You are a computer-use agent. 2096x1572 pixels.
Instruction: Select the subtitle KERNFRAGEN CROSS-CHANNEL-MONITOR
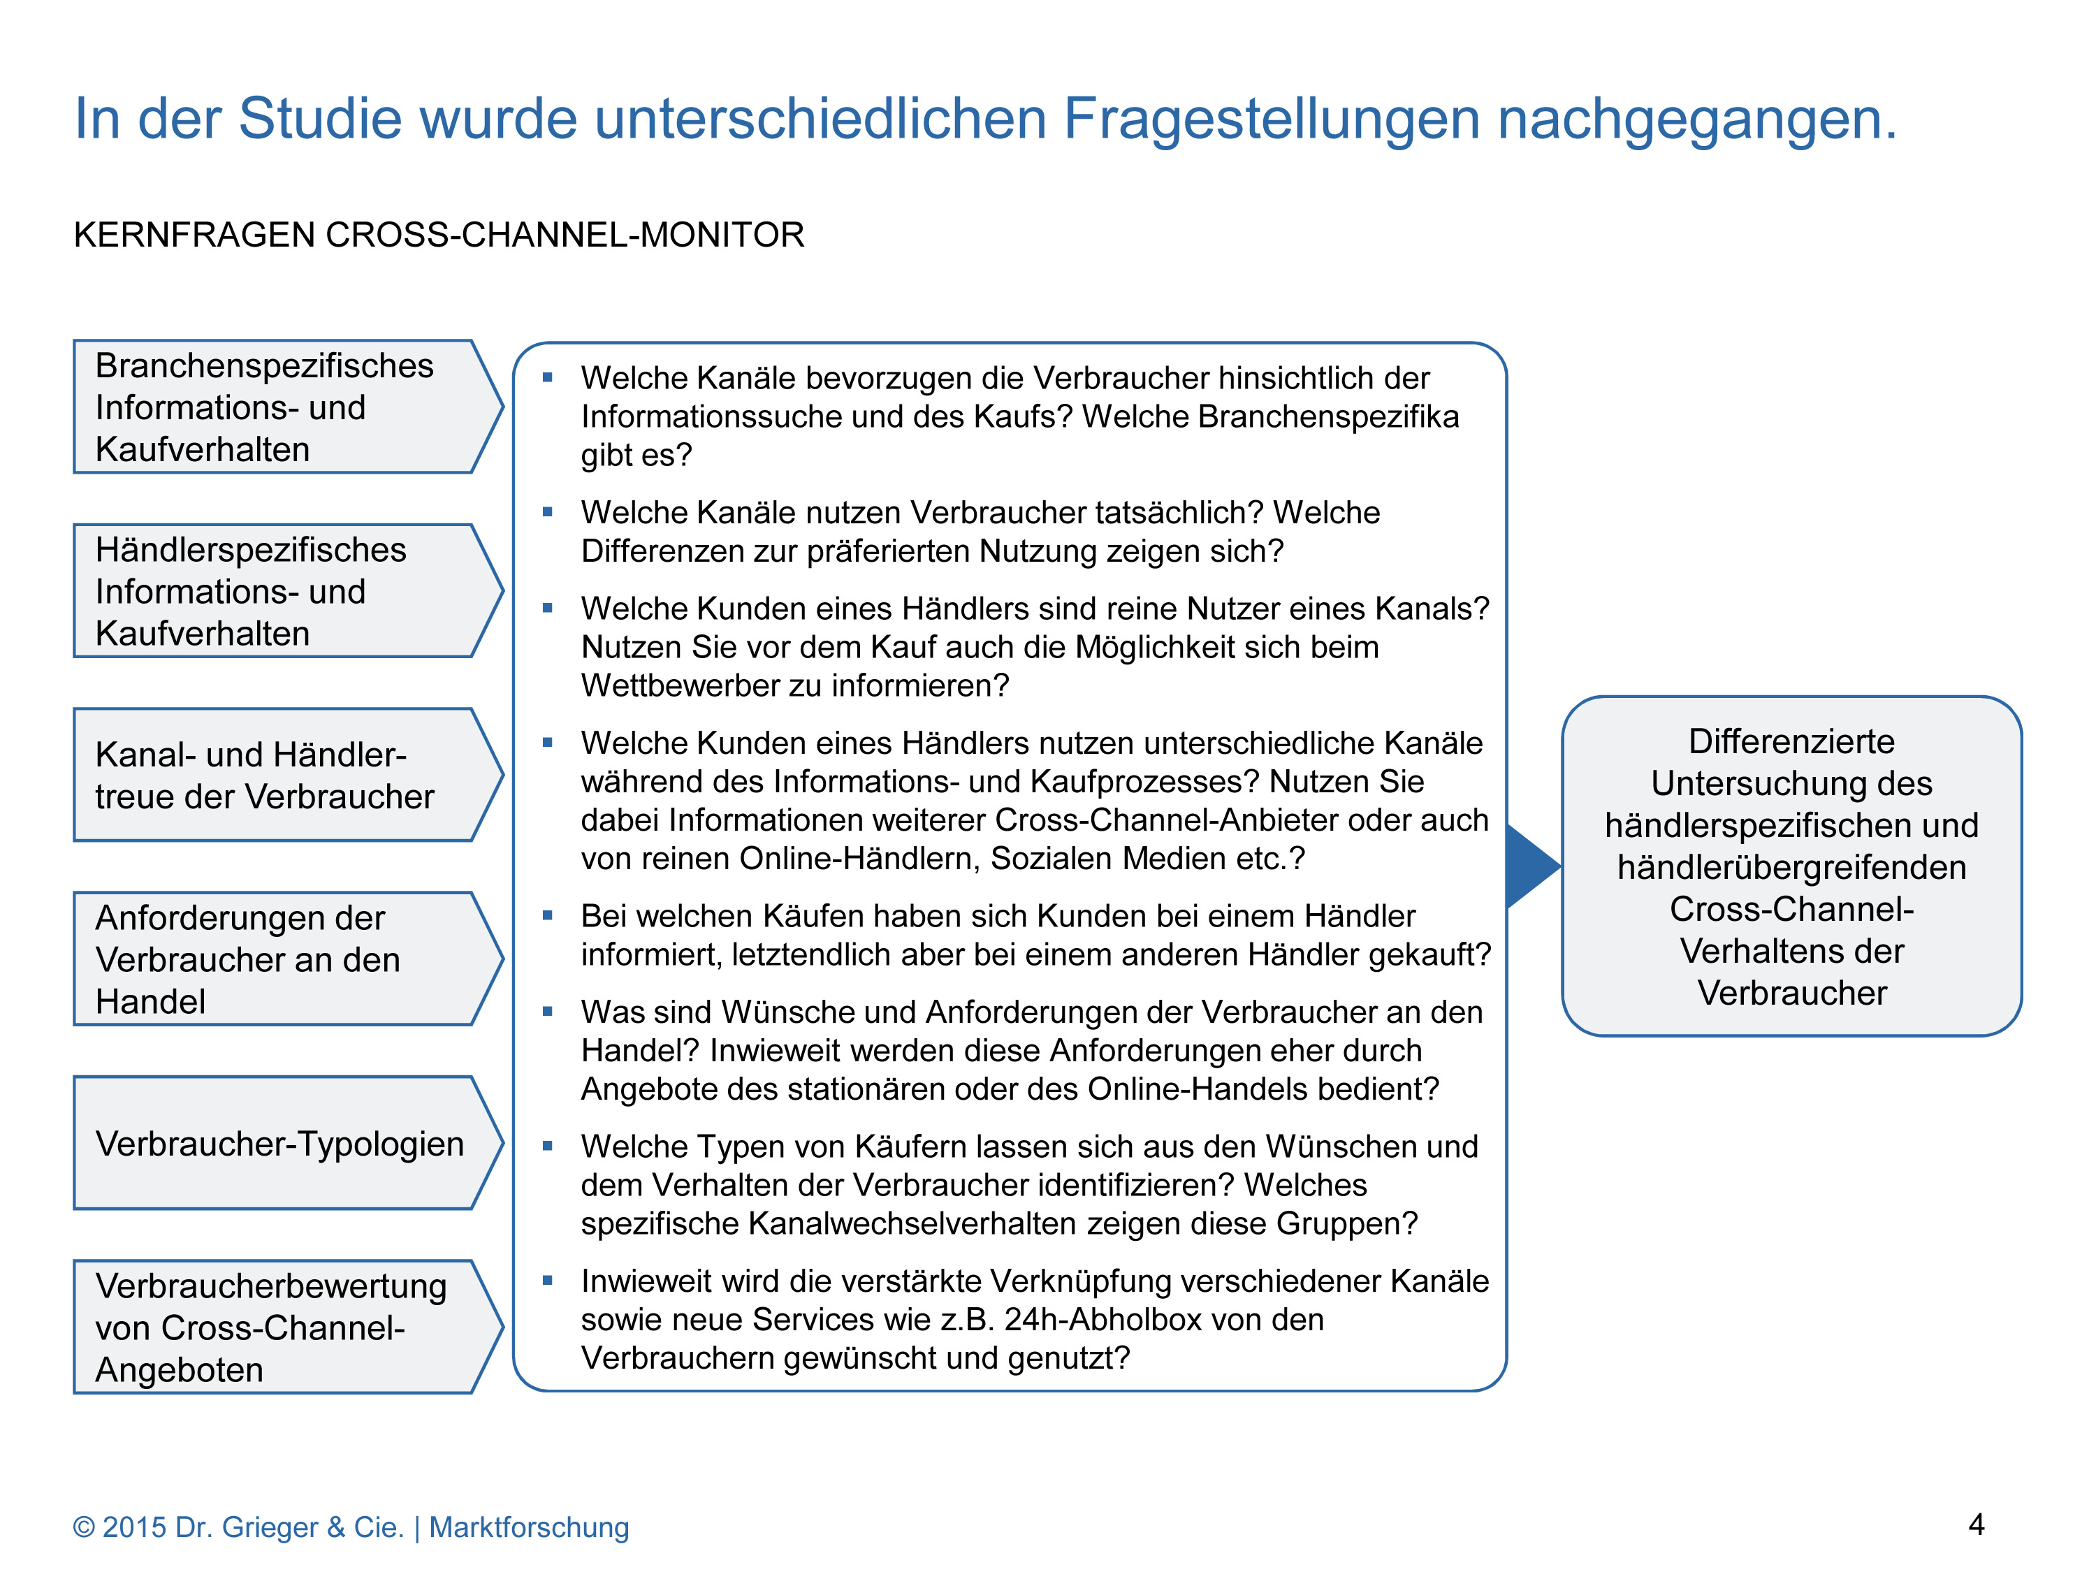click(439, 235)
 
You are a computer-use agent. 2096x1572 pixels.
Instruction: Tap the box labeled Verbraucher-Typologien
click(279, 1143)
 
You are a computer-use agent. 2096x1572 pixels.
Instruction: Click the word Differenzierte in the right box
click(1791, 741)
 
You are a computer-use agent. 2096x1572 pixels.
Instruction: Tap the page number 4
click(1976, 1524)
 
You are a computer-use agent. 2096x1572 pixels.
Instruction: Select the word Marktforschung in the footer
click(529, 1527)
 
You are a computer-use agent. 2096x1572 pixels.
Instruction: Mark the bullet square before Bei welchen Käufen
click(547, 915)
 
